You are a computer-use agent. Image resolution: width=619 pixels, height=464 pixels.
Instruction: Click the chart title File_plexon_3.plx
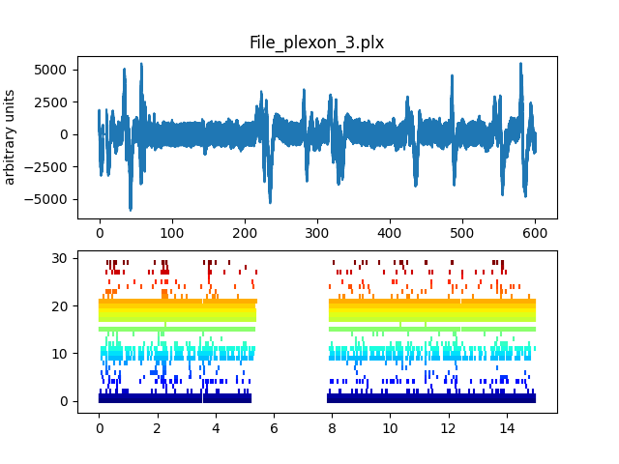(x=316, y=43)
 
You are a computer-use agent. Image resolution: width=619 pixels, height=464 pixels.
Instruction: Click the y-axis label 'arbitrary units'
(x=11, y=136)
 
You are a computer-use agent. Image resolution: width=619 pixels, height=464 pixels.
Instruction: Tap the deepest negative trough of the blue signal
(x=131, y=209)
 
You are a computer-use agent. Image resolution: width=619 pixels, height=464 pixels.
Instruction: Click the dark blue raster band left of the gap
(x=174, y=397)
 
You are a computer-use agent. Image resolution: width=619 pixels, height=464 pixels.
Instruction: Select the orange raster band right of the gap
(x=431, y=303)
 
